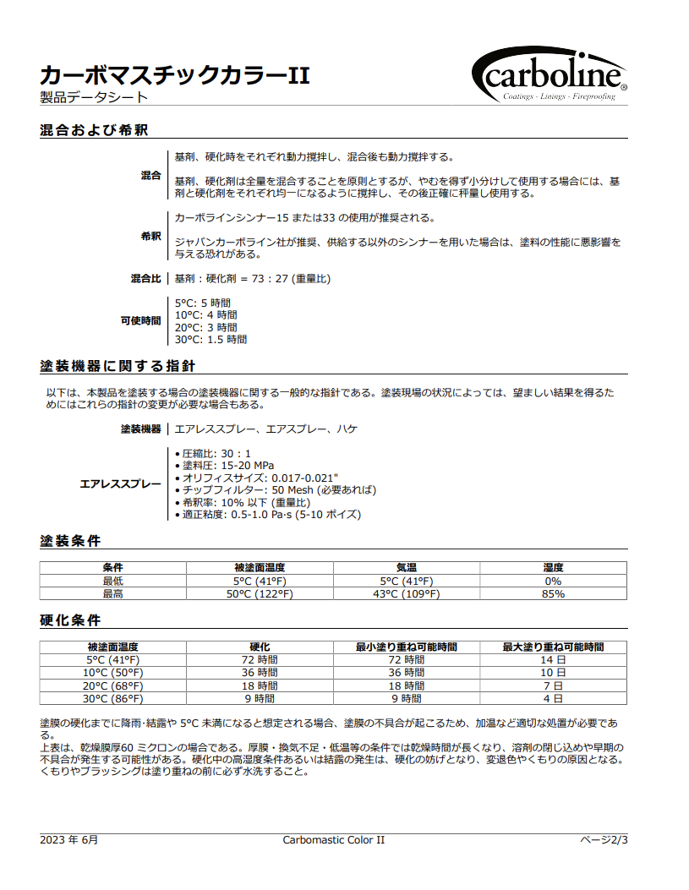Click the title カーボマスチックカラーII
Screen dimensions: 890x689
click(175, 75)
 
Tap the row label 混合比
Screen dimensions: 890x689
click(145, 279)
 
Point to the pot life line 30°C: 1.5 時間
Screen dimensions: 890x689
click(211, 340)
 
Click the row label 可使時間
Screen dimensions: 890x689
click(140, 321)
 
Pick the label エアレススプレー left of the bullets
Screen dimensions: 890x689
click(120, 484)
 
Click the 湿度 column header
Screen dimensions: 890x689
click(553, 568)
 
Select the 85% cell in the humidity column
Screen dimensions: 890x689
click(553, 594)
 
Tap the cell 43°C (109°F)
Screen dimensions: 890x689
click(407, 594)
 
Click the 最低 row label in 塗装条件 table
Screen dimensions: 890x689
click(113, 582)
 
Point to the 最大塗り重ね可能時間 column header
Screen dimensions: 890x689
click(553, 647)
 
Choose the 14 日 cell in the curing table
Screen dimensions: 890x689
click(553, 660)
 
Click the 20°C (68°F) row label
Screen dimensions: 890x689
click(113, 686)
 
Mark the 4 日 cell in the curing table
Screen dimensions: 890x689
click(553, 699)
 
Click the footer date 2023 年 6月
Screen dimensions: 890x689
click(69, 840)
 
